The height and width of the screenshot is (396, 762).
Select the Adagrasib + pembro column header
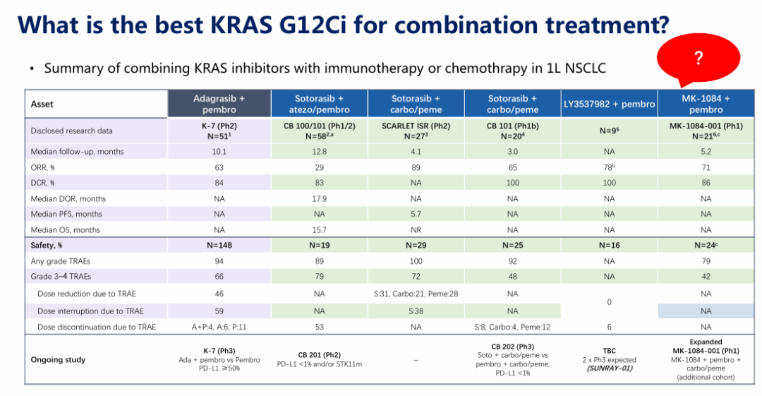pos(219,104)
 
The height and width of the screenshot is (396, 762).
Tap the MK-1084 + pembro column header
pos(706,104)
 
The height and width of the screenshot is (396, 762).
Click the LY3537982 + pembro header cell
pos(609,104)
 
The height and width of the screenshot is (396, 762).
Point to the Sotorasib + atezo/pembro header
pos(319,104)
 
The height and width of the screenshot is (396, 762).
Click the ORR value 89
pos(416,167)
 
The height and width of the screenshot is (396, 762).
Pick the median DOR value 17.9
pos(319,198)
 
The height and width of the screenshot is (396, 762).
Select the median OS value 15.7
pos(319,229)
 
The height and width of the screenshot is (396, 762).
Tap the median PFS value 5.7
pos(416,214)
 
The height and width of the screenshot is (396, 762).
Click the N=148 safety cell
pos(219,246)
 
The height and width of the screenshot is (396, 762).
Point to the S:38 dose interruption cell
pos(416,311)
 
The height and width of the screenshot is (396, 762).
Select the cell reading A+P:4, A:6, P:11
pos(219,327)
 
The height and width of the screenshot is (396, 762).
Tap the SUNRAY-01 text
pos(609,368)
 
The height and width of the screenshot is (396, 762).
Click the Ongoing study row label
pos(58,359)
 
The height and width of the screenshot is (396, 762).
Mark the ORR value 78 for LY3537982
pos(607,167)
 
